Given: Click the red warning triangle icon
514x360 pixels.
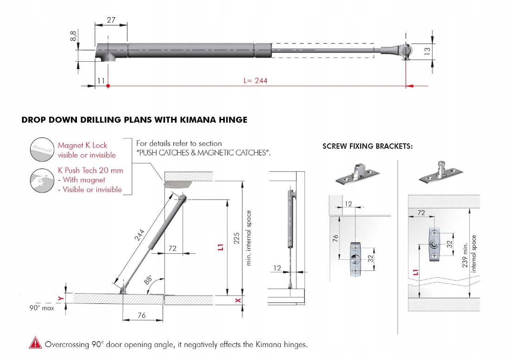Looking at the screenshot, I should click(35, 343).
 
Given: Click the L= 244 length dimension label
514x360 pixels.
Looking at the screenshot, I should click(255, 80).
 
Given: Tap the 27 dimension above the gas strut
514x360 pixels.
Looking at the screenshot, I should click(111, 20).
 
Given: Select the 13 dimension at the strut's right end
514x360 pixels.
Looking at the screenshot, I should click(427, 50).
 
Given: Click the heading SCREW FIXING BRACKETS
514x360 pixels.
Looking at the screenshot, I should click(368, 146).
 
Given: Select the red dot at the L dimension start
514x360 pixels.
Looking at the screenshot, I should click(108, 86).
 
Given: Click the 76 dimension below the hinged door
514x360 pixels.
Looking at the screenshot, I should click(142, 315).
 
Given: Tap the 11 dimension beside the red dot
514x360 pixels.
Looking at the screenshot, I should click(101, 80).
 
